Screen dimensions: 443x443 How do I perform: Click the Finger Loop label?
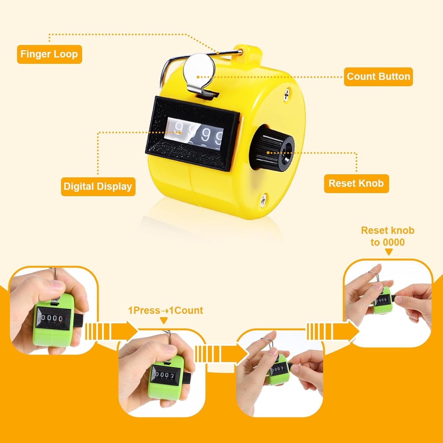pyautogui.click(x=49, y=54)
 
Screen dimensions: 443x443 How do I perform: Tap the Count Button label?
pyautogui.click(x=378, y=77)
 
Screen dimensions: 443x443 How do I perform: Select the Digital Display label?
pyautogui.click(x=98, y=186)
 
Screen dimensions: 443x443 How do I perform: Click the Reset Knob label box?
pyautogui.click(x=356, y=183)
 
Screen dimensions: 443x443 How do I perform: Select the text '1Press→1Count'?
pyautogui.click(x=166, y=311)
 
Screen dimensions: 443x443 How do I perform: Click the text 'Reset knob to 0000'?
pyautogui.click(x=388, y=236)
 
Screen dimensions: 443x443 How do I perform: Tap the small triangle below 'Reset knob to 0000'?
pyautogui.click(x=388, y=252)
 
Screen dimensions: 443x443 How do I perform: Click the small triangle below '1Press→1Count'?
pyautogui.click(x=164, y=321)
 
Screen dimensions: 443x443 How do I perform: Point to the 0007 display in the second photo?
pyautogui.click(x=165, y=375)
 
